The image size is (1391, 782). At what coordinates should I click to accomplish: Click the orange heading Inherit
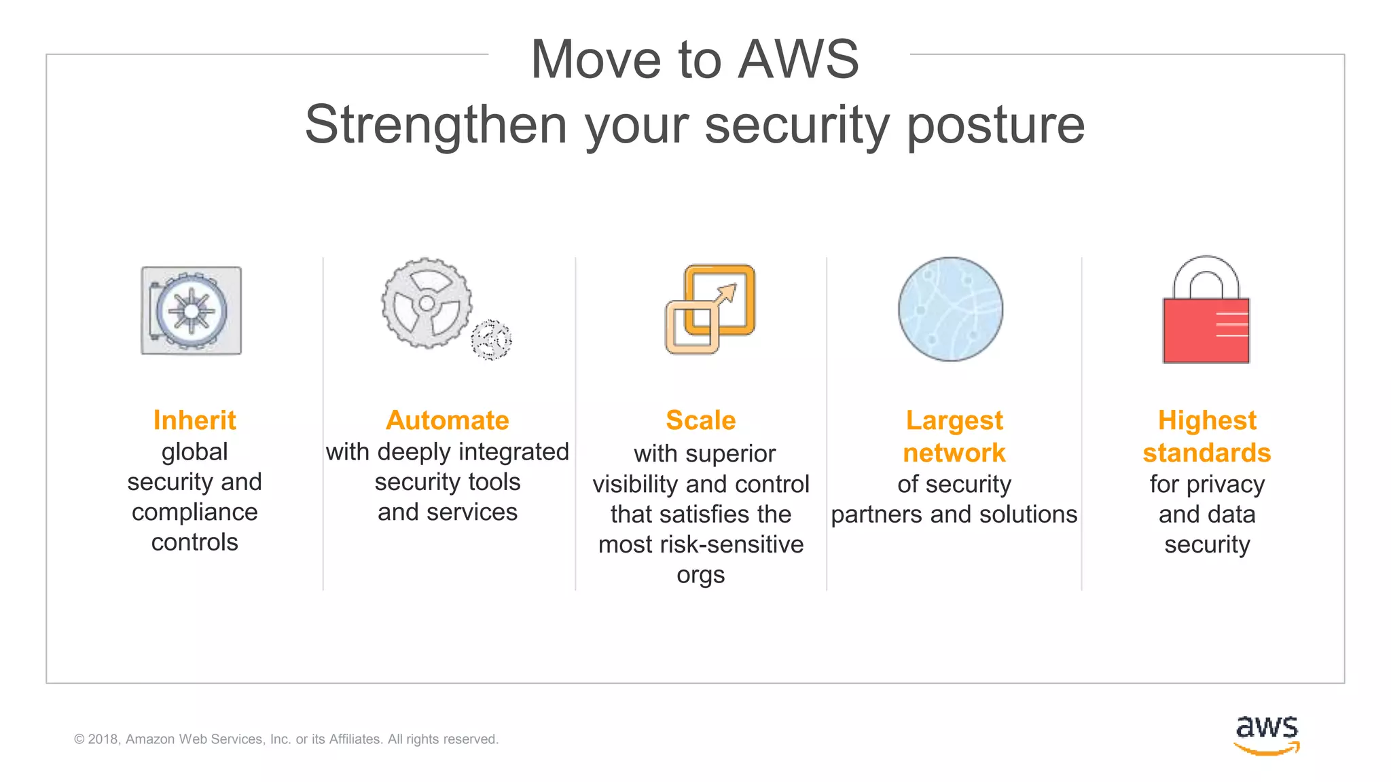click(x=194, y=420)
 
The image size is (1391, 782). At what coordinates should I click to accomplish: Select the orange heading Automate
click(x=447, y=420)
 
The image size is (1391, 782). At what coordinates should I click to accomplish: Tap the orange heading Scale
click(x=700, y=420)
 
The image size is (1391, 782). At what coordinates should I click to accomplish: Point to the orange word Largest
click(x=954, y=421)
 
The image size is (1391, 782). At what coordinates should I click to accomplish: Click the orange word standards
click(x=1206, y=453)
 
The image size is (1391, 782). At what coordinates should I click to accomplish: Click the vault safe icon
click(x=191, y=310)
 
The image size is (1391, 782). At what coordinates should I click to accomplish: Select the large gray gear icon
click(x=427, y=303)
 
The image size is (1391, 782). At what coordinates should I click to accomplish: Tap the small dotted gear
click(x=491, y=339)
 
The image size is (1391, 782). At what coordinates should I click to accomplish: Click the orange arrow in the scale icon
click(x=725, y=295)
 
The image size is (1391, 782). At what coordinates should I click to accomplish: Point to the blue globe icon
click(x=950, y=309)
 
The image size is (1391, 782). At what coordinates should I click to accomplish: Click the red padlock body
click(x=1206, y=331)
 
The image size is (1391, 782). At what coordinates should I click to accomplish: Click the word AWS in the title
click(x=798, y=60)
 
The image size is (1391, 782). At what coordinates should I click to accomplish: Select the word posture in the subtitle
click(x=996, y=126)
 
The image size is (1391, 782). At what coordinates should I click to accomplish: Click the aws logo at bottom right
click(x=1266, y=734)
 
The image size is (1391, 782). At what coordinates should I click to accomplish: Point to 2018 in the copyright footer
click(x=103, y=739)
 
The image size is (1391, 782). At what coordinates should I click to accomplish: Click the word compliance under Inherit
click(x=194, y=513)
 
